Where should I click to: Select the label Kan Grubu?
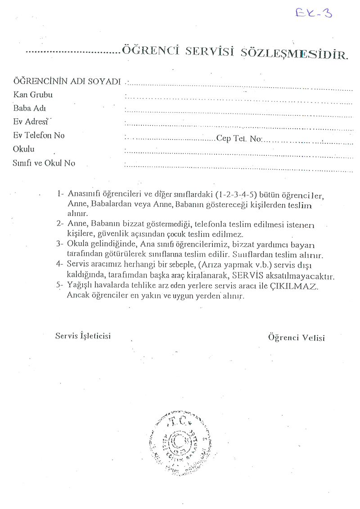(33, 95)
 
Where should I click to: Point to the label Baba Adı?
(30, 108)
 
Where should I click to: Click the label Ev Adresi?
(31, 122)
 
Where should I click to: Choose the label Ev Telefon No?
(39, 135)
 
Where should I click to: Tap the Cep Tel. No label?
(238, 139)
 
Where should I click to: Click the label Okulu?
(24, 149)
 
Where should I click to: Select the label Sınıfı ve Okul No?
(44, 163)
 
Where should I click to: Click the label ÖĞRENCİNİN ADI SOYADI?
(67, 81)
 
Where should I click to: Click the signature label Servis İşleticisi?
(83, 335)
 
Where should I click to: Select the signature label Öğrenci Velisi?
(296, 338)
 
